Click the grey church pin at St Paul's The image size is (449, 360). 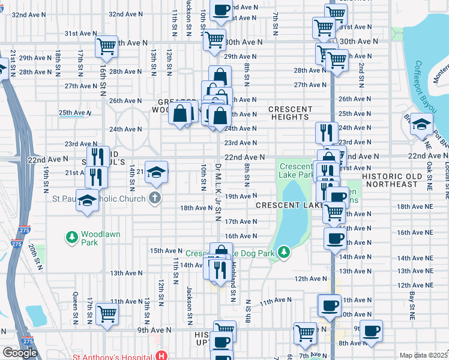click(155, 199)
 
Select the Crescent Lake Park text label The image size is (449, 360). click(297, 171)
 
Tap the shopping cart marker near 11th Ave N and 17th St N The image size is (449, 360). click(107, 313)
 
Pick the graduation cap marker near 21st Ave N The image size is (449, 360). click(156, 172)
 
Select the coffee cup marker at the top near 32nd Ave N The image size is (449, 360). click(221, 10)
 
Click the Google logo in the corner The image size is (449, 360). click(20, 352)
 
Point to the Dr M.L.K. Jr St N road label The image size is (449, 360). click(218, 191)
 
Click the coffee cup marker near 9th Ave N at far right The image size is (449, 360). click(371, 331)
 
